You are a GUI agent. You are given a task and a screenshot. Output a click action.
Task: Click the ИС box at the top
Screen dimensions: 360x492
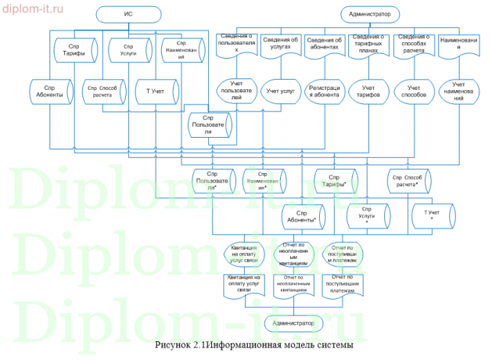(x=127, y=14)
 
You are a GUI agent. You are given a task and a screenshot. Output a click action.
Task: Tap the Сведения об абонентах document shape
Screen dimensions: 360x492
(x=325, y=44)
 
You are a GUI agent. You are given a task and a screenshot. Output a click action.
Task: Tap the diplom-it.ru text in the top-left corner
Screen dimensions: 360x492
(x=35, y=9)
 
